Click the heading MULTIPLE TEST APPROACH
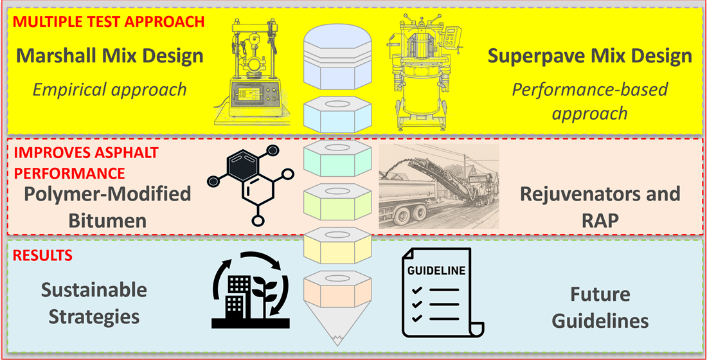click(x=109, y=21)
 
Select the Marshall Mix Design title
click(x=110, y=56)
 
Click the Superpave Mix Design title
click(x=589, y=56)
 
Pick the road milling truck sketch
click(x=438, y=186)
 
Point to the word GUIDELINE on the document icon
click(x=436, y=271)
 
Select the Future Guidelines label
click(x=600, y=307)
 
